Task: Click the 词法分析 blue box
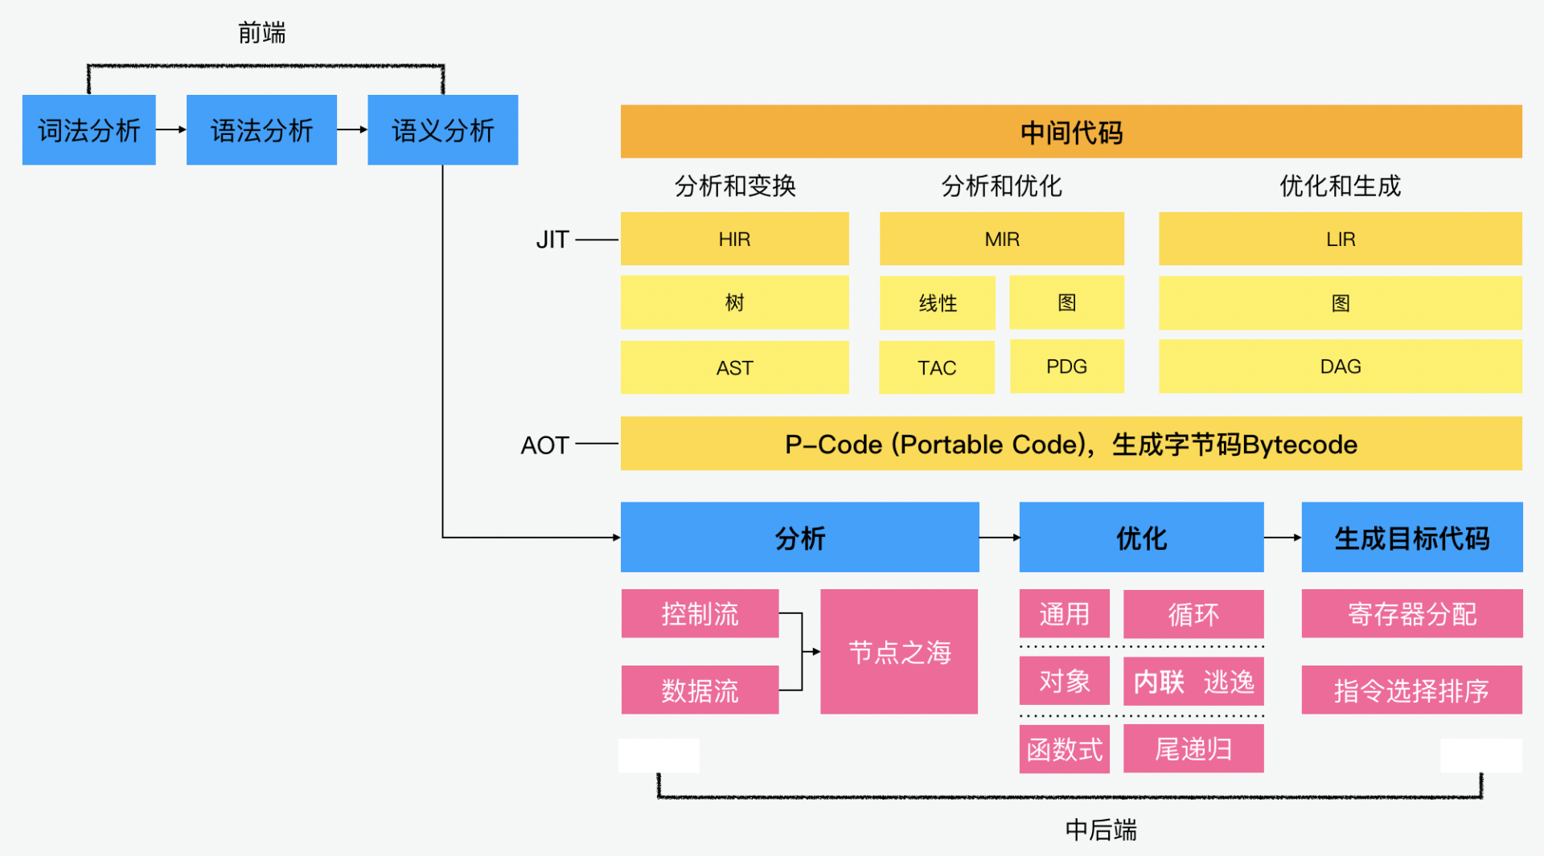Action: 88,130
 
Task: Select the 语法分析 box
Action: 261,130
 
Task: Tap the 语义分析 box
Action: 442,130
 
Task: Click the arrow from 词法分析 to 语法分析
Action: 170,129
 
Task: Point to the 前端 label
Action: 262,33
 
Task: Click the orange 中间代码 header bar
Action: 1071,132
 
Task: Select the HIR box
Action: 734,239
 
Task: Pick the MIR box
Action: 1002,239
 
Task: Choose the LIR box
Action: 1341,239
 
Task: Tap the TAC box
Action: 937,367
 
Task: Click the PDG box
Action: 1066,367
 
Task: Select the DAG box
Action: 1341,367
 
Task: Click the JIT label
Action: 552,240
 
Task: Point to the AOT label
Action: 544,444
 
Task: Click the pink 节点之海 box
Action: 899,652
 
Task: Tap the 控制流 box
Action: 700,614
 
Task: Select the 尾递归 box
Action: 1193,749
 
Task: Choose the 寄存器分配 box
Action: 1412,614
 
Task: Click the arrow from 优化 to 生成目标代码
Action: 1283,538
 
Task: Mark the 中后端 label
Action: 1101,829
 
